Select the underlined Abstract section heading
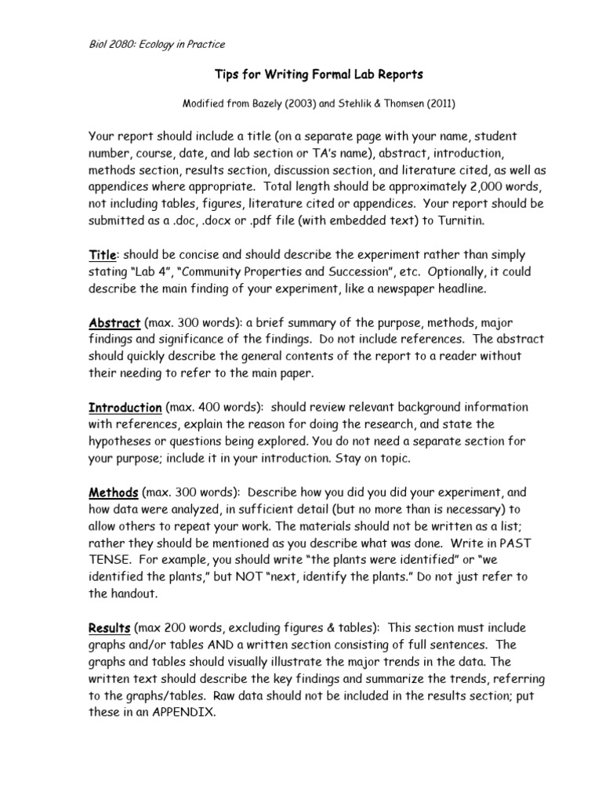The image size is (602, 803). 114,323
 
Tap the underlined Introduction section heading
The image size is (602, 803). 125,408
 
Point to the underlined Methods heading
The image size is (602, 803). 113,492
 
